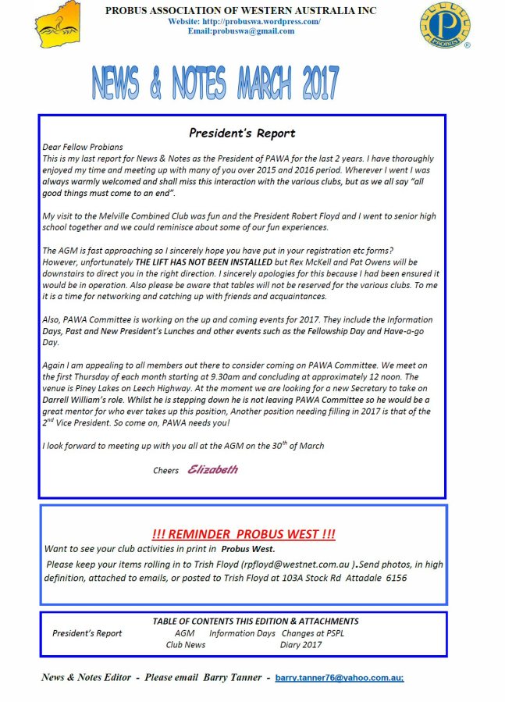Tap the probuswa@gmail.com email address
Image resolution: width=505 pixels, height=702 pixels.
(x=241, y=31)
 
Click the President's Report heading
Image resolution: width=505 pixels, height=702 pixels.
(x=242, y=133)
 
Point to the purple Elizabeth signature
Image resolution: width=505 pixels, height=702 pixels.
(x=212, y=470)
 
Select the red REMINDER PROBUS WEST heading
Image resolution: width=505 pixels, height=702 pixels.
(x=243, y=534)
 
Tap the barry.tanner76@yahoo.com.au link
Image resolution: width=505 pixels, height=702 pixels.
(x=339, y=678)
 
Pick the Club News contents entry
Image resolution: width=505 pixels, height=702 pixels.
(x=186, y=645)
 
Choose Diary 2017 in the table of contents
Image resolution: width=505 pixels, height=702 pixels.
(x=301, y=645)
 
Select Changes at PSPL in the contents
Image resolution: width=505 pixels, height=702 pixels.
(x=312, y=633)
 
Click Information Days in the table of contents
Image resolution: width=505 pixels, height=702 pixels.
(x=242, y=633)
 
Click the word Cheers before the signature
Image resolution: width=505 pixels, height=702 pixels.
(x=165, y=471)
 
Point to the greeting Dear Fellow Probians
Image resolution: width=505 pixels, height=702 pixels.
(x=83, y=147)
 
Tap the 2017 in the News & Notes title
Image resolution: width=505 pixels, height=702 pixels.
(x=310, y=81)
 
